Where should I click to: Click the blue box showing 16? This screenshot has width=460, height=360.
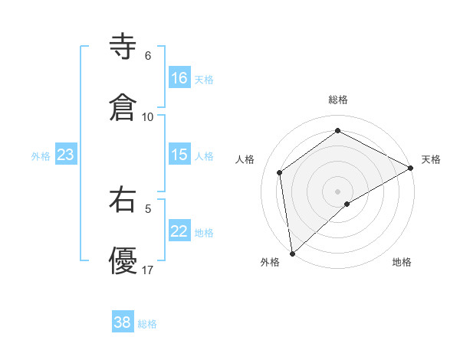(179, 78)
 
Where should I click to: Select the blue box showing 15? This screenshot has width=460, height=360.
(179, 155)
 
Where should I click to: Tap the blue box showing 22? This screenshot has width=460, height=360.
(179, 231)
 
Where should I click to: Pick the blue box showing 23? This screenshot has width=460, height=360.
(66, 155)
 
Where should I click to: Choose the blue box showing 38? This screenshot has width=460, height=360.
(123, 322)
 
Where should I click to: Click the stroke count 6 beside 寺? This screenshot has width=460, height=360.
(148, 56)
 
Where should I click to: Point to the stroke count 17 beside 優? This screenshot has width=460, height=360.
(148, 270)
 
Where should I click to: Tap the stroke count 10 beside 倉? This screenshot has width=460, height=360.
(148, 117)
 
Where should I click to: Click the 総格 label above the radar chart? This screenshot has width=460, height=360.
(338, 100)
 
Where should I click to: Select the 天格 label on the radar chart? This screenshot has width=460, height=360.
(431, 159)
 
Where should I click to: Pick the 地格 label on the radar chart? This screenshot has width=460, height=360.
(402, 263)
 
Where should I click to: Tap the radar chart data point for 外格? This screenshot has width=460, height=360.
(291, 253)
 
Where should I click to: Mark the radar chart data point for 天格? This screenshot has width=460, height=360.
(411, 168)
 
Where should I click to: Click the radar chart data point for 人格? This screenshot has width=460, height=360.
(280, 172)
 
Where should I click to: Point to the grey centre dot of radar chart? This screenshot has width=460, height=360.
(338, 191)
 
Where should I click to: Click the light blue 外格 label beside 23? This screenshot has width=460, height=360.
(41, 156)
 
